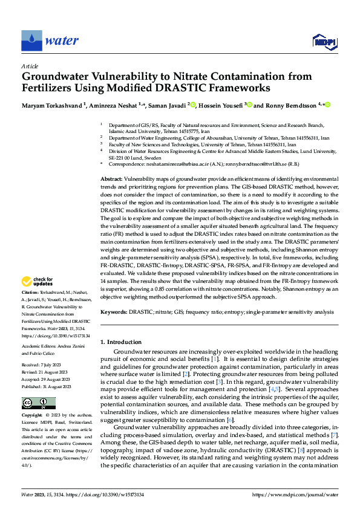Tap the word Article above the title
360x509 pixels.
[x=29, y=66]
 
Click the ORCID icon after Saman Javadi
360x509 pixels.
[x=194, y=105]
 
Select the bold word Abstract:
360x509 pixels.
[x=111, y=181]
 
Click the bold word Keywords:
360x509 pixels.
[x=113, y=312]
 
